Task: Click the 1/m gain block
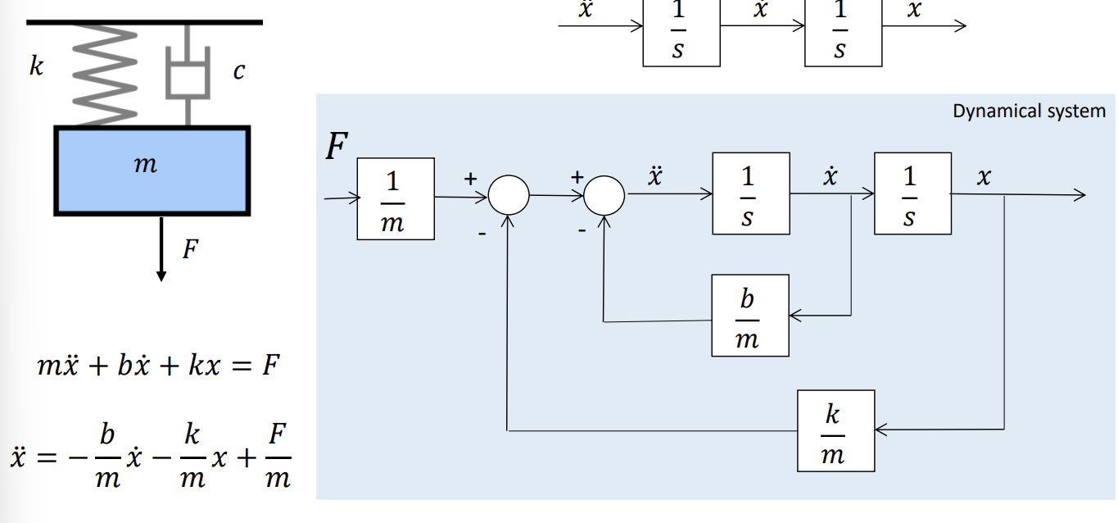pyautogui.click(x=395, y=199)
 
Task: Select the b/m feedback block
pyautogui.click(x=749, y=316)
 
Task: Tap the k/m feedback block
pyautogui.click(x=835, y=430)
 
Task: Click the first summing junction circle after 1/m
pyautogui.click(x=509, y=196)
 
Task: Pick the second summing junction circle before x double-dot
pyautogui.click(x=604, y=196)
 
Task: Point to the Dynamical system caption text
pyautogui.click(x=1028, y=111)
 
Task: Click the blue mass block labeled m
pyautogui.click(x=152, y=168)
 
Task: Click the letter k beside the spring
pyautogui.click(x=36, y=66)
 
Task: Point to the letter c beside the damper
pyautogui.click(x=238, y=72)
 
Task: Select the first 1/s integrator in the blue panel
pyautogui.click(x=750, y=195)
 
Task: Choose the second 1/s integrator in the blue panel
pyautogui.click(x=912, y=194)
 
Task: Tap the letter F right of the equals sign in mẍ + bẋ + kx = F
pyautogui.click(x=270, y=365)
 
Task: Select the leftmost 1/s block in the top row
pyautogui.click(x=681, y=33)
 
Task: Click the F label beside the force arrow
pyautogui.click(x=189, y=249)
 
